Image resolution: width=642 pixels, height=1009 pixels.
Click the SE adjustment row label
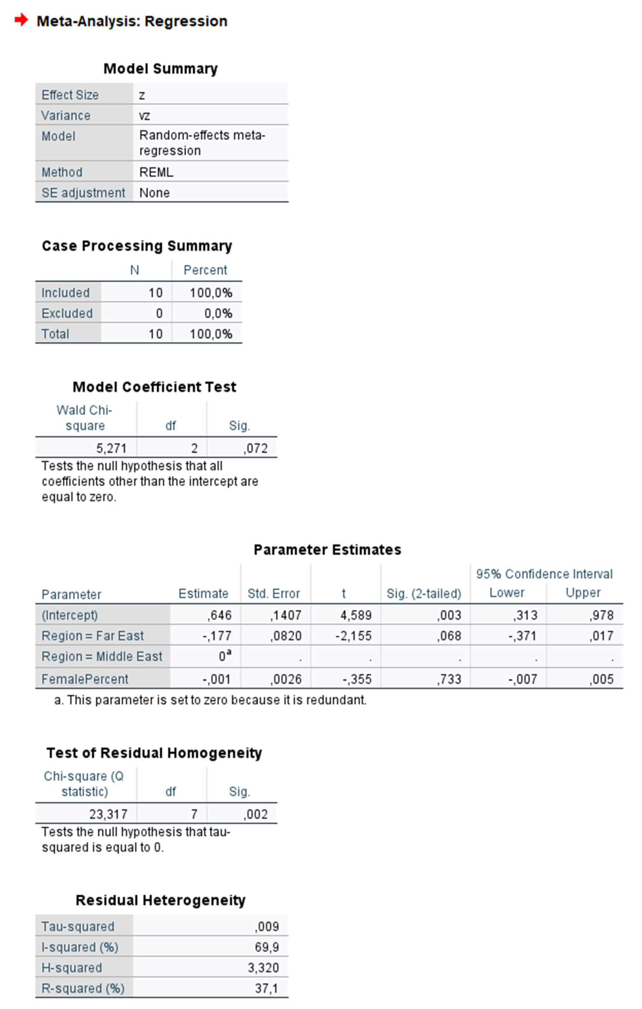[x=83, y=193]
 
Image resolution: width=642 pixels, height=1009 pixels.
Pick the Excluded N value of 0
[x=159, y=313]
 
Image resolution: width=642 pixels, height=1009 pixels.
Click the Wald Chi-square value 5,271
[x=111, y=448]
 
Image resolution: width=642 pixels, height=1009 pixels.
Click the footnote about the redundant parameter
[x=210, y=700]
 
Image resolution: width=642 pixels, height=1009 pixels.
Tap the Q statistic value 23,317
[x=108, y=814]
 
